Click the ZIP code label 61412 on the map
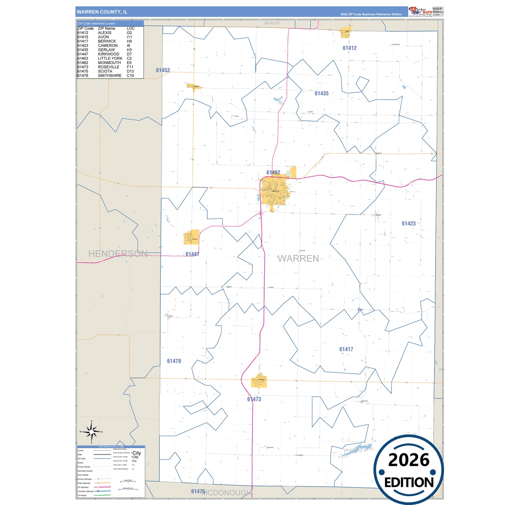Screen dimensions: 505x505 click(349, 48)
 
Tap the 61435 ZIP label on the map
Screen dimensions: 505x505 click(322, 93)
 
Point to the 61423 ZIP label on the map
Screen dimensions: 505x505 click(409, 224)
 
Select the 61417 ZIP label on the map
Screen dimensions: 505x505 click(346, 349)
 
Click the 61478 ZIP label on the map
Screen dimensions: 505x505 click(174, 361)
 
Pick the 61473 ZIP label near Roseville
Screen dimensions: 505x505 click(254, 399)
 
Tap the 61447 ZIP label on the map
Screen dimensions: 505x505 click(192, 254)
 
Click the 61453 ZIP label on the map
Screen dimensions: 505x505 click(163, 70)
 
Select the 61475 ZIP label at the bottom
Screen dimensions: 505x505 click(198, 491)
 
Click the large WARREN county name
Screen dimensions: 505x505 click(298, 259)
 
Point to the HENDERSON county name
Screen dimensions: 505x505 click(118, 254)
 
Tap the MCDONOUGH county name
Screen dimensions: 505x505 click(227, 493)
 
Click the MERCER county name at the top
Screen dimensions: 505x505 click(272, 23)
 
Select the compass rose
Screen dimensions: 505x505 click(92, 432)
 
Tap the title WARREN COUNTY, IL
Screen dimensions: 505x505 click(102, 12)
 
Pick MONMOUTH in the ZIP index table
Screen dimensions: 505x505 click(109, 63)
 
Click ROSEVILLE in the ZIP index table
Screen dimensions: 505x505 click(108, 67)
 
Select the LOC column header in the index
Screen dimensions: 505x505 click(131, 28)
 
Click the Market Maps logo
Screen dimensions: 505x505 click(420, 12)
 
